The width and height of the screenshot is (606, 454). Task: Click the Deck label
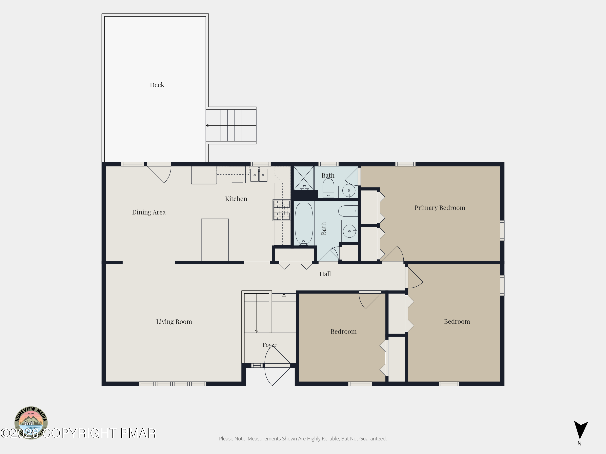click(x=157, y=85)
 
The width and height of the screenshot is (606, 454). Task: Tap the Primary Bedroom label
click(x=440, y=208)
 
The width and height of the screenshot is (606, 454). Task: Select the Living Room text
click(x=174, y=322)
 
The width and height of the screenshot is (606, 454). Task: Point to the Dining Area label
click(x=149, y=212)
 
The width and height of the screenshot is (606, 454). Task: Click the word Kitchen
click(x=236, y=199)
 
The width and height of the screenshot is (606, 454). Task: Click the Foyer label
click(x=270, y=345)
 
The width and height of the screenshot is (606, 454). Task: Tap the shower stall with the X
click(x=304, y=178)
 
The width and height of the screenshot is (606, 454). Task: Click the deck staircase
click(x=231, y=125)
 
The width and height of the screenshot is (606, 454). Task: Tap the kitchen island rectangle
click(x=215, y=240)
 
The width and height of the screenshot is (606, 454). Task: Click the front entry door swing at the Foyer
click(x=277, y=366)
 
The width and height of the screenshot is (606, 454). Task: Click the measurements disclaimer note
click(x=303, y=439)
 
